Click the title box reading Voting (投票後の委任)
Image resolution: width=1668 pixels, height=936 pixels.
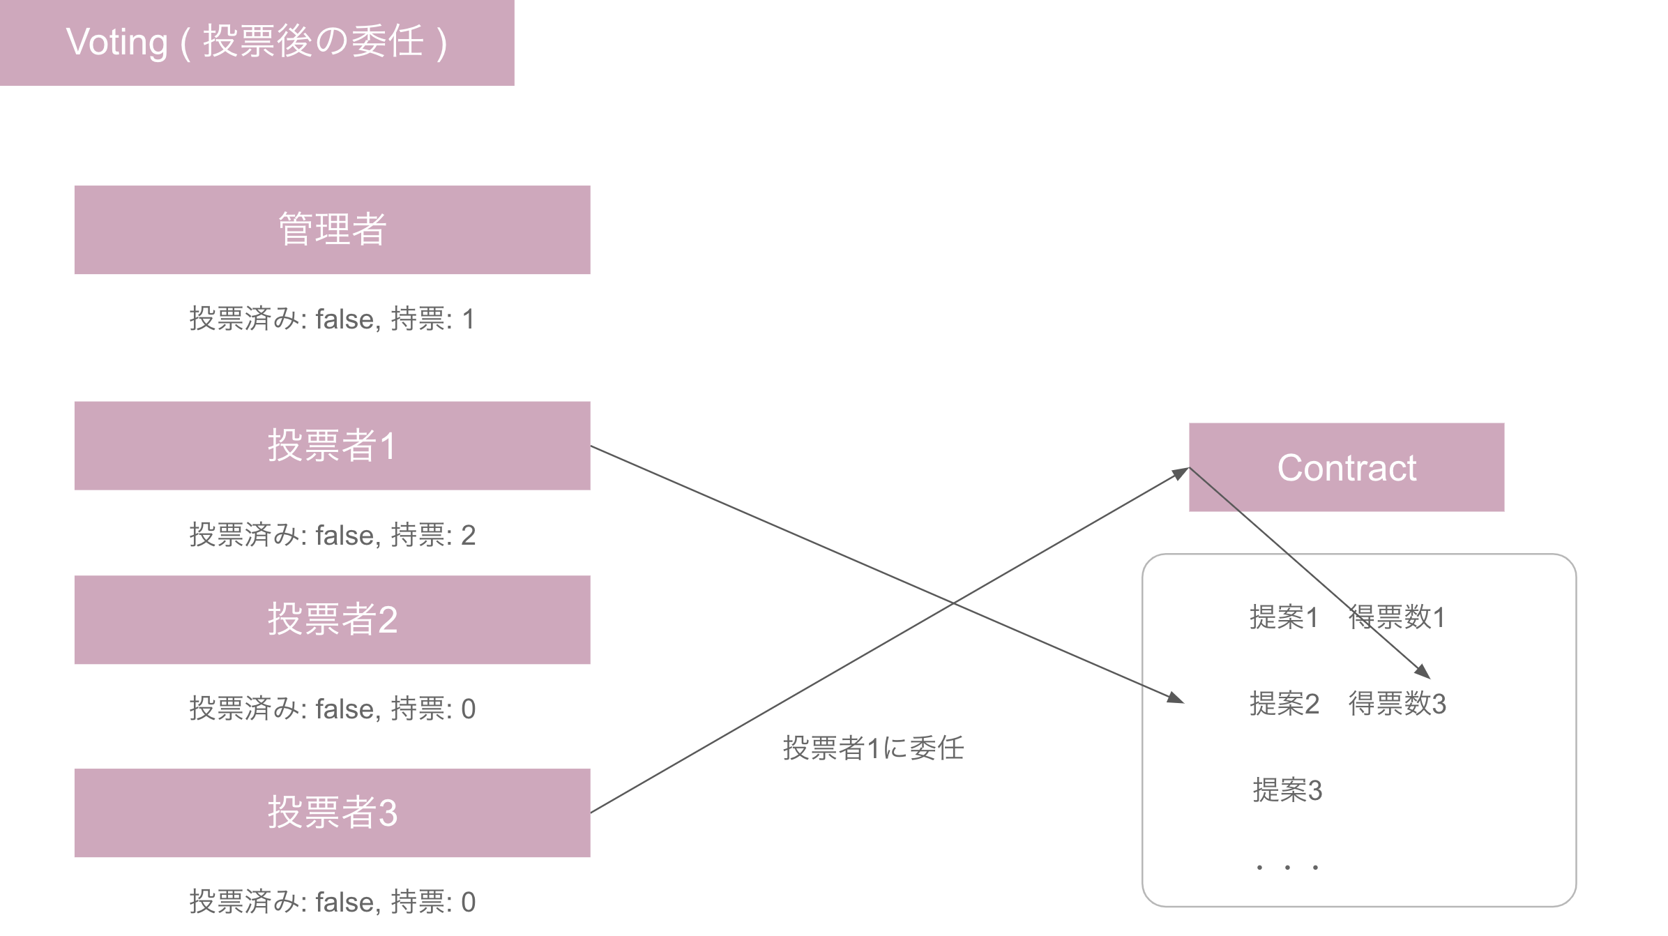[257, 42]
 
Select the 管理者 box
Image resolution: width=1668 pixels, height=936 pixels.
[332, 229]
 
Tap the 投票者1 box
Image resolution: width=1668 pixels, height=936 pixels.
[332, 445]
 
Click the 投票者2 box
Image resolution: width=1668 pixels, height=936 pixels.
[332, 619]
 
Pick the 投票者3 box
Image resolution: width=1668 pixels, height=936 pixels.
[332, 813]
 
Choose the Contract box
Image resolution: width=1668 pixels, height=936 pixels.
[1346, 467]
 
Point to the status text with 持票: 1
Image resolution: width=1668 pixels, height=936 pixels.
[332, 319]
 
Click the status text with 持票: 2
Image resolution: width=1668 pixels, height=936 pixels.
[332, 536]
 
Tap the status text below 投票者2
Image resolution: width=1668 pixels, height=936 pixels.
[332, 709]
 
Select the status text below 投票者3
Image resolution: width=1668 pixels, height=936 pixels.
[332, 903]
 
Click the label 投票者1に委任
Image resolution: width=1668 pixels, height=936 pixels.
[873, 748]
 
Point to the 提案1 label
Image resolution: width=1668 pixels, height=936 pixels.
[1284, 617]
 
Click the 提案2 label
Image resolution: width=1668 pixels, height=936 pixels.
[1284, 704]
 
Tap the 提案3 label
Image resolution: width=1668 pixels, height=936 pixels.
[1287, 790]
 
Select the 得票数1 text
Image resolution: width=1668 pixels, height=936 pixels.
[1397, 617]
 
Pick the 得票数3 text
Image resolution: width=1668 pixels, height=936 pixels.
[1397, 704]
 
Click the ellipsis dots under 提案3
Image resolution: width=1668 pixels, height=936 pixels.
[1287, 867]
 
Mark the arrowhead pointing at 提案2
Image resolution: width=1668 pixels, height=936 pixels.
[1176, 698]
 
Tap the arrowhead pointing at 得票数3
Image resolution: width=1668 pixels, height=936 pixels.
[1423, 672]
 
